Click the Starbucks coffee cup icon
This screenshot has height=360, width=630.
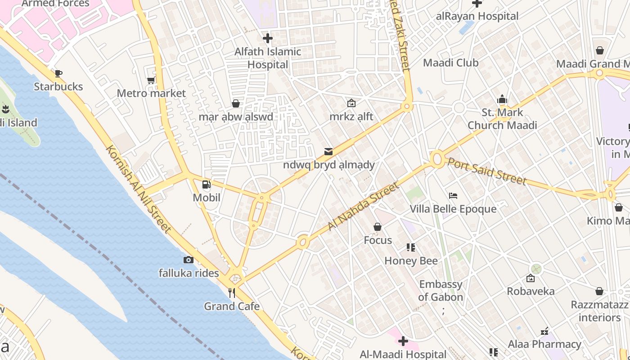(x=58, y=73)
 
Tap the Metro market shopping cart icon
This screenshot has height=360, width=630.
(x=151, y=81)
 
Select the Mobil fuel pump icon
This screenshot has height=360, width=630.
(x=206, y=184)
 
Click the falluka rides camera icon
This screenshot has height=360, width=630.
(x=189, y=260)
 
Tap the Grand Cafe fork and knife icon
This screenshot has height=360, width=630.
(x=232, y=293)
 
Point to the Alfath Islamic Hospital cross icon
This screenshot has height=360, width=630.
(x=268, y=38)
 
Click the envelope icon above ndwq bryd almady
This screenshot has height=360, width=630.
(x=328, y=152)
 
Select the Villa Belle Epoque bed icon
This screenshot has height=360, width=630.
(x=453, y=196)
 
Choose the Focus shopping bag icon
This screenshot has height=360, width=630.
(x=378, y=227)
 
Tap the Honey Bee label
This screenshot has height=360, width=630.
(x=411, y=261)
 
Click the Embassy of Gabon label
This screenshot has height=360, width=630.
(x=441, y=291)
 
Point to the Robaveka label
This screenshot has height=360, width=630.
(x=531, y=291)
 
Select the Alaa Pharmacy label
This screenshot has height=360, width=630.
(x=544, y=344)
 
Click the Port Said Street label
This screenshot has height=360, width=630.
(x=487, y=171)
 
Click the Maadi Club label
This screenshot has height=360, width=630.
(x=451, y=63)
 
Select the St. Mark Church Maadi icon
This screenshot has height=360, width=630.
(x=502, y=99)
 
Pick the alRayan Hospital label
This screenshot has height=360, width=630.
(x=477, y=16)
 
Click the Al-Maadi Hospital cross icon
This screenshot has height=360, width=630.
(x=403, y=341)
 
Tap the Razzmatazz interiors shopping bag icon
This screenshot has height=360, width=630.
(x=599, y=292)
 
